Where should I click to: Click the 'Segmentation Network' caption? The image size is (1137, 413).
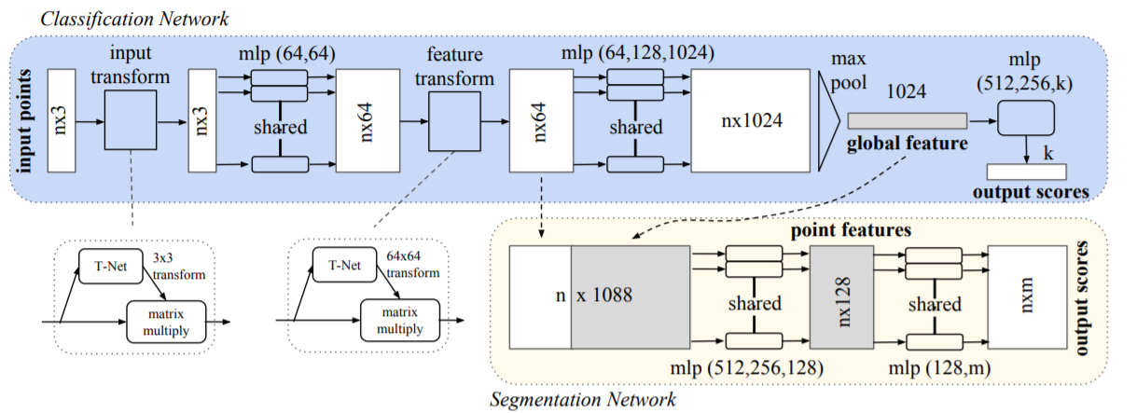click(x=583, y=401)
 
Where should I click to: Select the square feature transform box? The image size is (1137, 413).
click(x=452, y=120)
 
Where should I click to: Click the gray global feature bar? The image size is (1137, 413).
click(x=907, y=121)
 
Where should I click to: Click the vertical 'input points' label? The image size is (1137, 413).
click(x=21, y=120)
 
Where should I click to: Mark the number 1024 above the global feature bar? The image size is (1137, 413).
click(x=904, y=93)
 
